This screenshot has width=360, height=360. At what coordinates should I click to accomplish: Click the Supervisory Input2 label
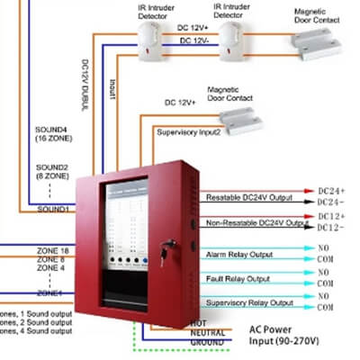189,131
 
